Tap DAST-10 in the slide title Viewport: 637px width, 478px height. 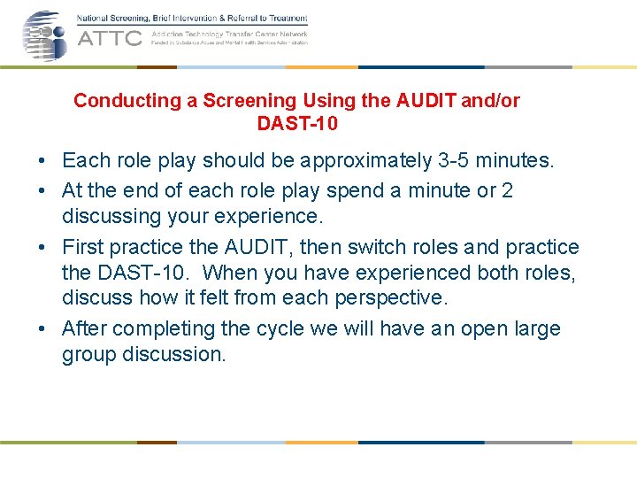click(x=296, y=124)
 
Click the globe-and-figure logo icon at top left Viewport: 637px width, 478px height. click(x=44, y=35)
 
